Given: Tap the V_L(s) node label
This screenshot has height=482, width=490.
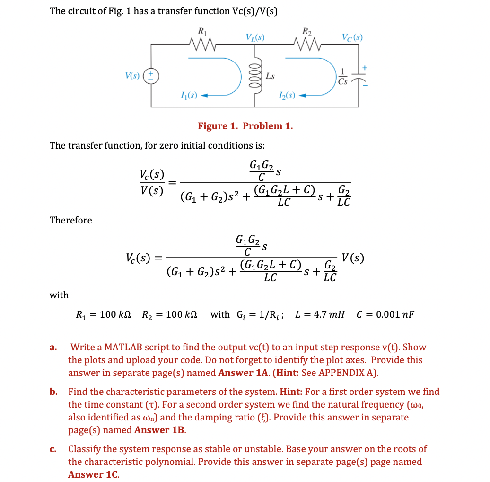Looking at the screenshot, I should pos(255,36).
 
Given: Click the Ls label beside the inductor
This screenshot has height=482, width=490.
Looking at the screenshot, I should pos(270,76).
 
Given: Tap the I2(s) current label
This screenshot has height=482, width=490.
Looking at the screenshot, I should pos(287,97).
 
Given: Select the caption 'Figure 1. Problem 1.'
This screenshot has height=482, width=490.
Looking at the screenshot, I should pos(245,126).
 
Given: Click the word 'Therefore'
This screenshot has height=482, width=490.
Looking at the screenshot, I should pos(71,220).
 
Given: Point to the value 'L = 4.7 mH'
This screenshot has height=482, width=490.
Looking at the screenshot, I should pos(319,314).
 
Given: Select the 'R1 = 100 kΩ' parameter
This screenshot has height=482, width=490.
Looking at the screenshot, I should pos(105,314).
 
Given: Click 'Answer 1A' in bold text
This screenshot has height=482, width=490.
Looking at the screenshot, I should pos(242,373).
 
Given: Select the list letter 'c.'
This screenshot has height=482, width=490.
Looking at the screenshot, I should pos(53,449).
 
